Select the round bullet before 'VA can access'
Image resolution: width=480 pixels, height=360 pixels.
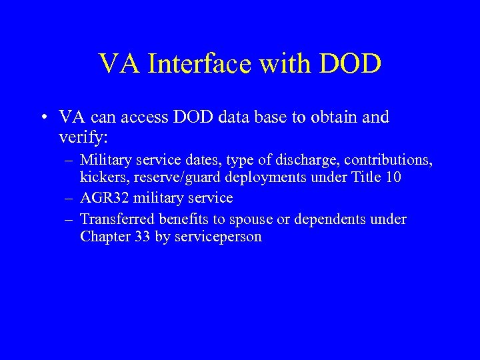pos(43,119)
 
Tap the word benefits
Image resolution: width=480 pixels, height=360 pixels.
pos(174,219)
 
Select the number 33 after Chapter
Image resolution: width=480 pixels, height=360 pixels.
pos(142,237)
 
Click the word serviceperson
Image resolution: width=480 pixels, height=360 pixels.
pos(217,237)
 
